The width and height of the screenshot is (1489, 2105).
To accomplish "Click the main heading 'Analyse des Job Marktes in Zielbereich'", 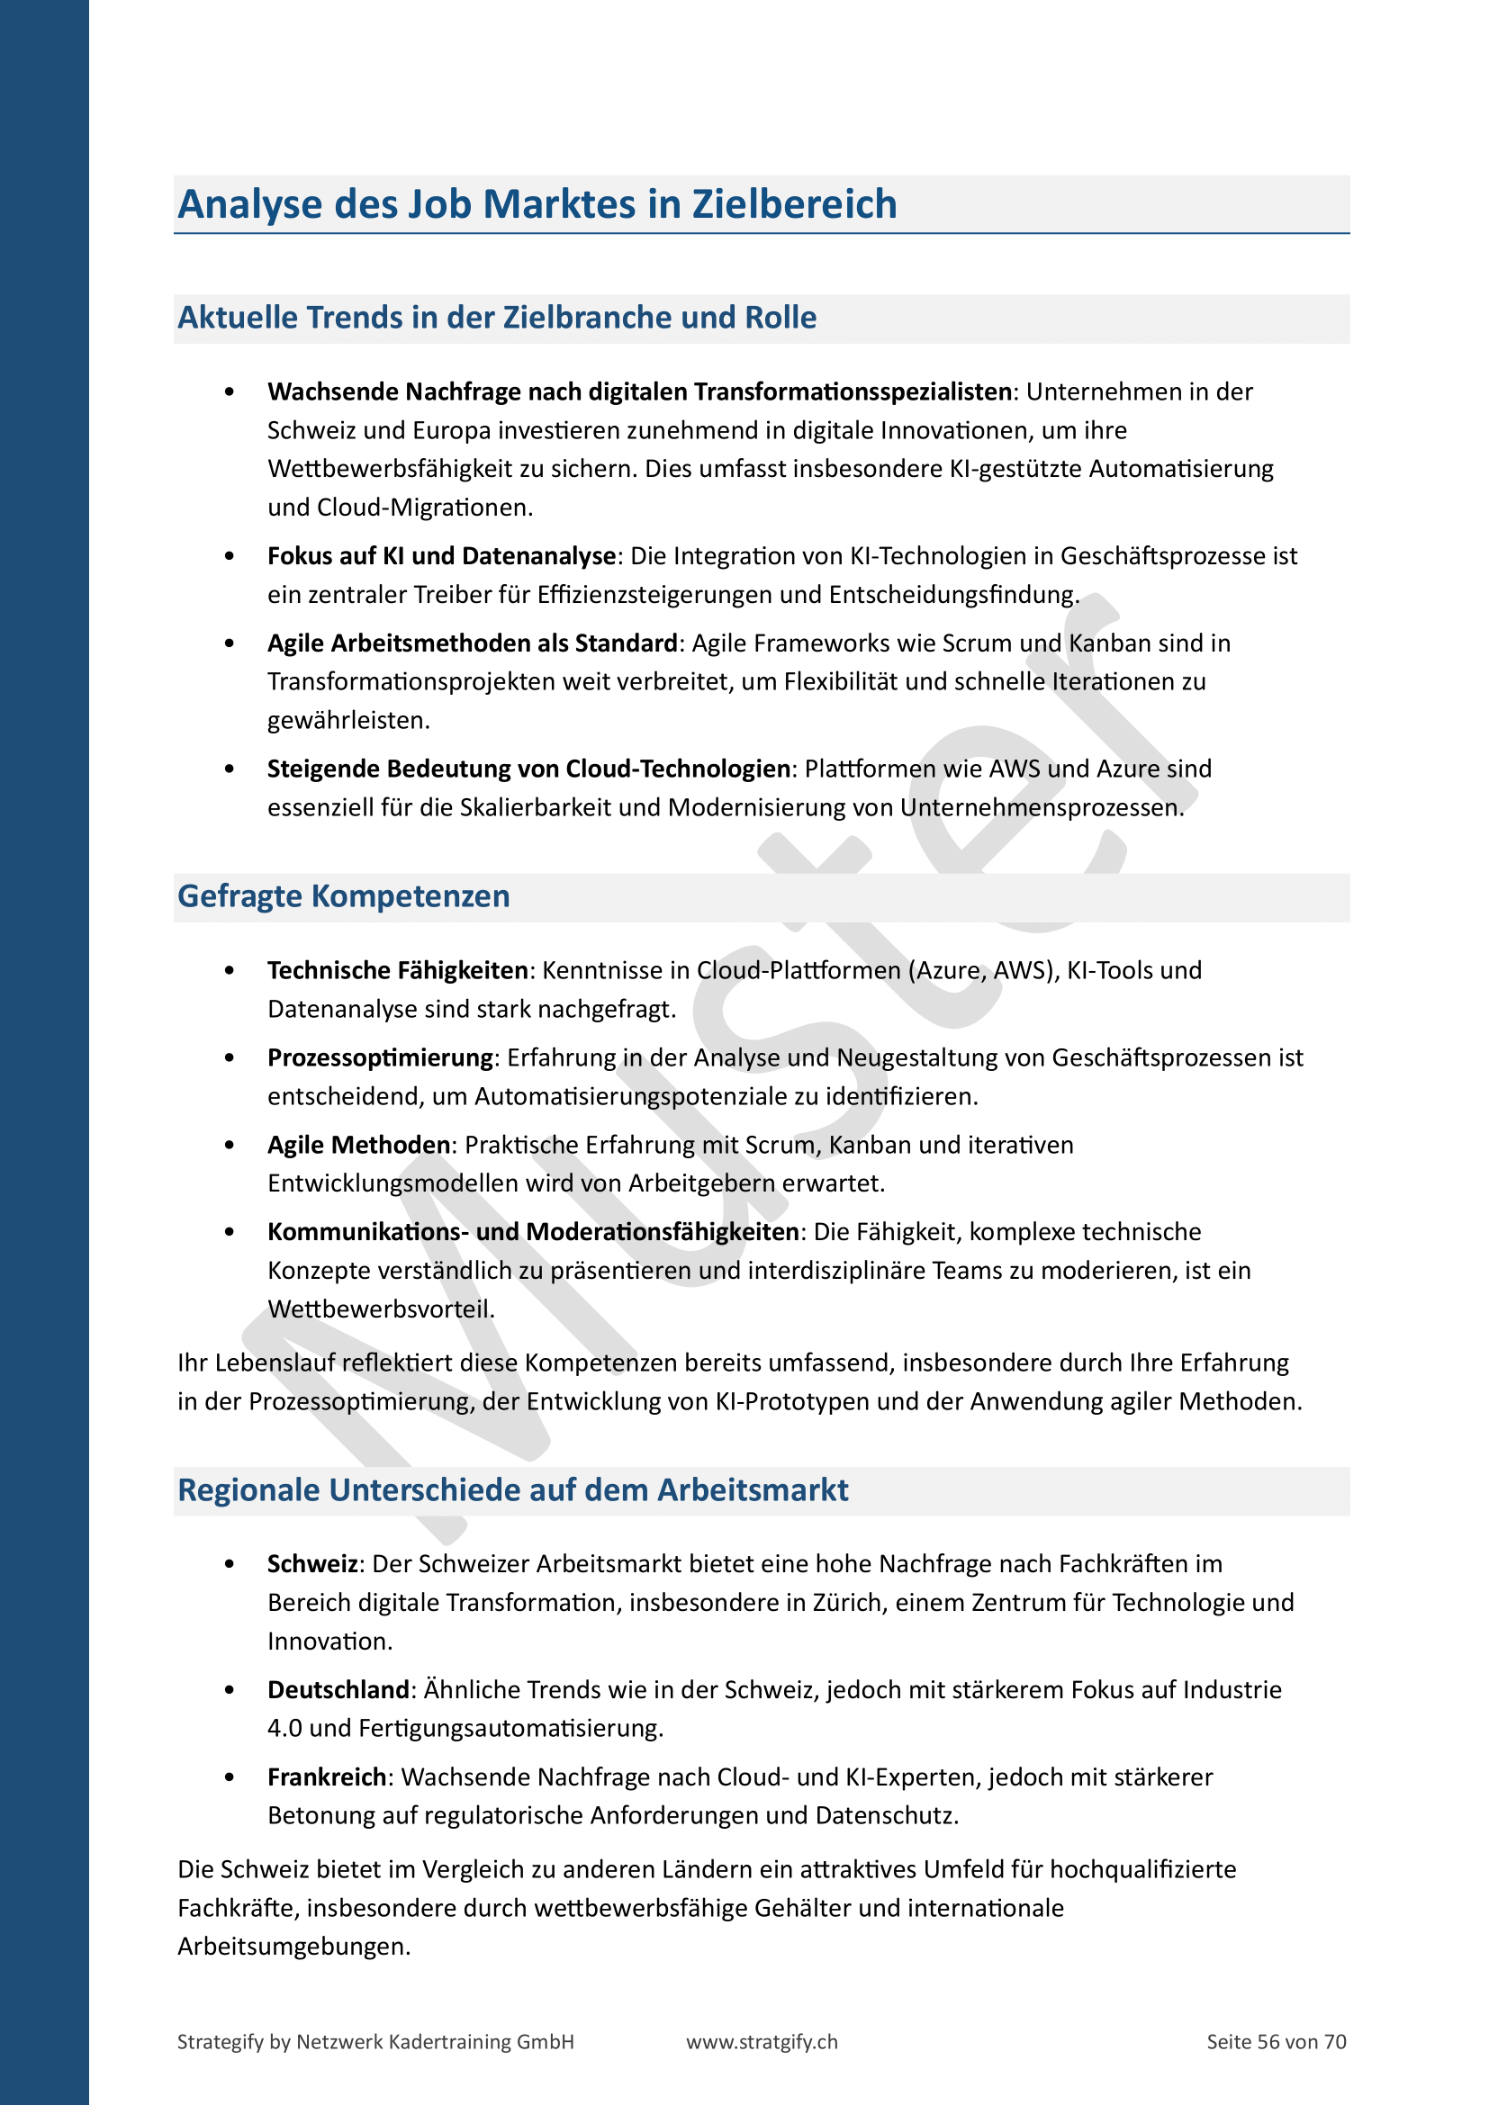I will [x=537, y=204].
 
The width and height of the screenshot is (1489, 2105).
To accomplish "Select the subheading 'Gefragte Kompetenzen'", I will [x=344, y=895].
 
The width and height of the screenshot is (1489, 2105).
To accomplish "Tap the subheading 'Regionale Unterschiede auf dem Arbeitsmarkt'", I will [x=512, y=1489].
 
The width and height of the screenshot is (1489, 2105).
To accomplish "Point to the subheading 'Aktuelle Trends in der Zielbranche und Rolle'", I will [x=497, y=317].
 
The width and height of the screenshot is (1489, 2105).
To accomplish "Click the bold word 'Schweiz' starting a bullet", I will [x=311, y=1564].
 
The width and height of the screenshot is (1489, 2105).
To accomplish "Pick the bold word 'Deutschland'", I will [x=338, y=1690].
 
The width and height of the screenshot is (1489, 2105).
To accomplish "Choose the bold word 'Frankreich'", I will [x=328, y=1777].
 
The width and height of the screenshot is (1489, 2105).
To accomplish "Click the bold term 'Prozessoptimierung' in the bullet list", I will [x=381, y=1058].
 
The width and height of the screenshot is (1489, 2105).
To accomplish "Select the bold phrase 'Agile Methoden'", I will [x=358, y=1145].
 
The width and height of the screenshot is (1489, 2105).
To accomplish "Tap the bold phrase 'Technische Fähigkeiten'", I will [x=398, y=970].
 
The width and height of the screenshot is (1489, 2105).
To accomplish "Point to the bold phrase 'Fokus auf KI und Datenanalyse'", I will [x=441, y=556].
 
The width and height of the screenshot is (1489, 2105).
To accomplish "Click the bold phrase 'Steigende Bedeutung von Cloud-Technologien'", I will [x=528, y=769].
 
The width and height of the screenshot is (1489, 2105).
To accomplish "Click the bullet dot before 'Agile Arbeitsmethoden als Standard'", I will [x=230, y=643].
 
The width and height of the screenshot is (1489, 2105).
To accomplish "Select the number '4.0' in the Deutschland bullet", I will [x=285, y=1728].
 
